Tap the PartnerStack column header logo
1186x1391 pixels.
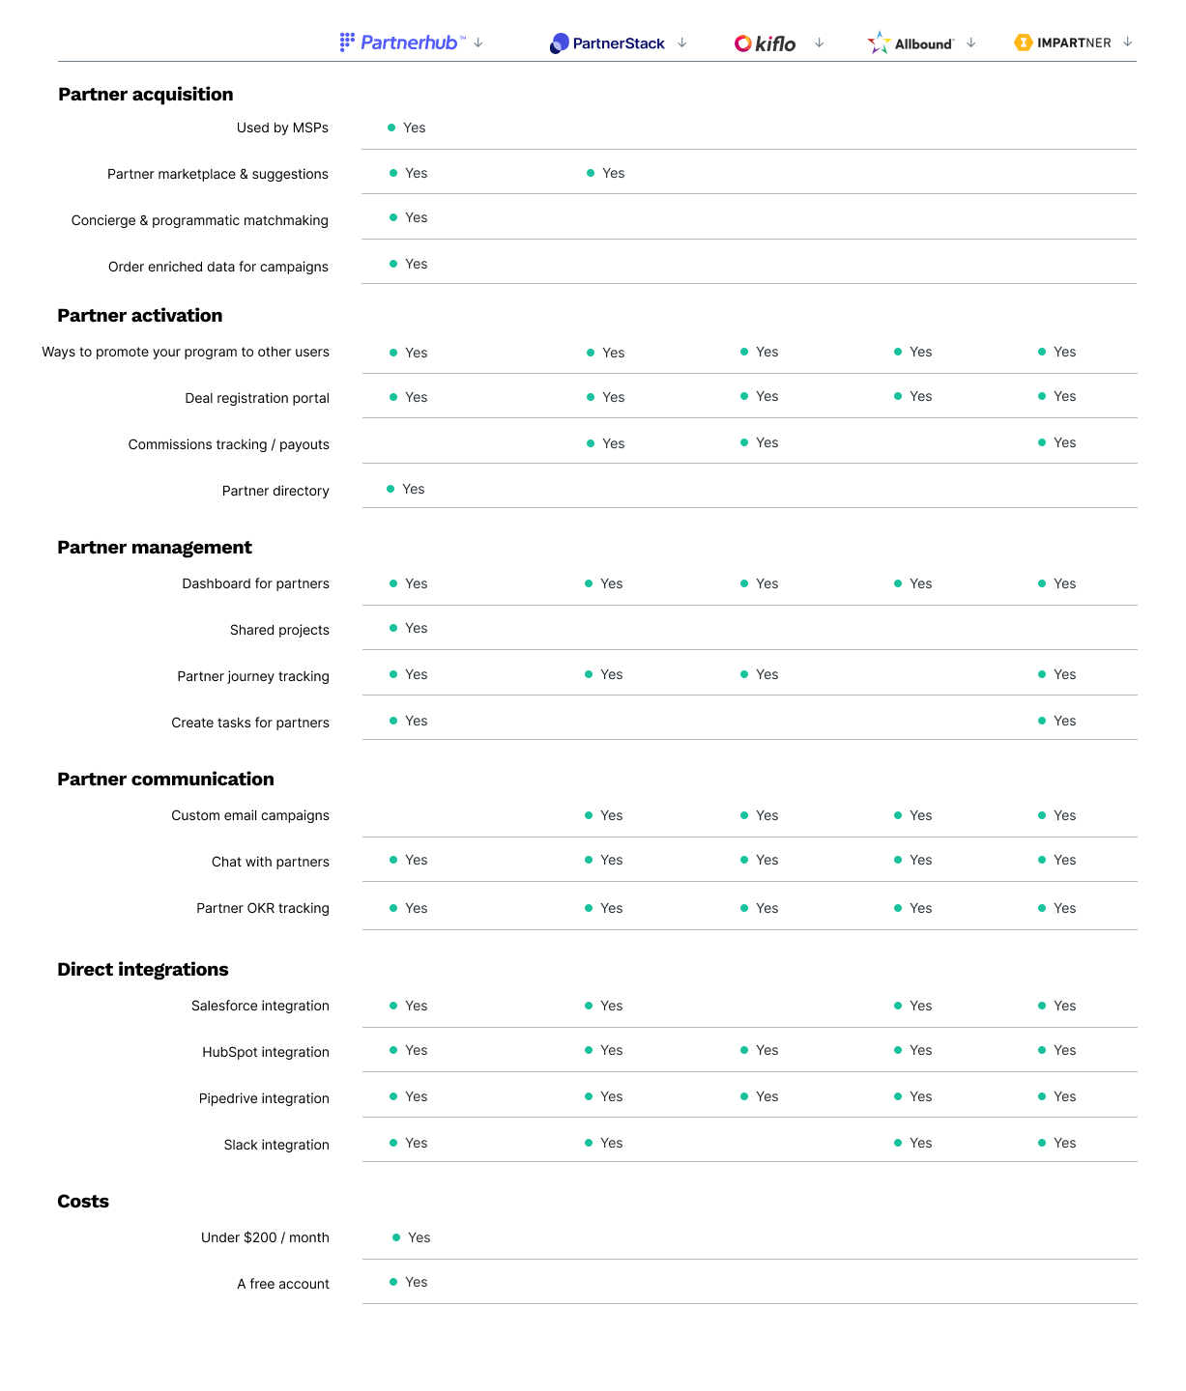pos(607,43)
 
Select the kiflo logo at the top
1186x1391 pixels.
pos(765,43)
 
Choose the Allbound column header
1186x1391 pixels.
pos(910,43)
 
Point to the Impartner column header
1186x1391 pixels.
pos(1062,43)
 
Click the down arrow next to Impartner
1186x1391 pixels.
pos(1127,43)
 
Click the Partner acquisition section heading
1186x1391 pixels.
pos(146,95)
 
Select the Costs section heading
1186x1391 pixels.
pos(83,1202)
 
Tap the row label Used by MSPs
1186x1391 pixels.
pos(282,128)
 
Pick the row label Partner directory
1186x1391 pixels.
pos(275,491)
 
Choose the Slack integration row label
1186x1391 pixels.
pos(276,1145)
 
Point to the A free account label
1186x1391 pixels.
pos(283,1284)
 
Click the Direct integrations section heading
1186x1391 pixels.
pos(143,969)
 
